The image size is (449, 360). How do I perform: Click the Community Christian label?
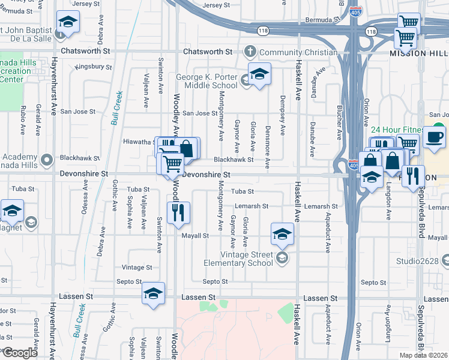pos(298,52)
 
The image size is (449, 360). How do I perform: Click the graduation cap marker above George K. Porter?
pos(259,74)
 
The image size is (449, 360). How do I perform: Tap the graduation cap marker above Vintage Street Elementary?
pos(282,235)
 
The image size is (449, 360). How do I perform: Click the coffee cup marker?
pos(434,137)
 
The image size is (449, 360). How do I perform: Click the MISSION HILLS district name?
pos(419,53)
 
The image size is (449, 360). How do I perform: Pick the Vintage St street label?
pos(137,268)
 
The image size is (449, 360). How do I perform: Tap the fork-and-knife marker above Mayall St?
pos(178,213)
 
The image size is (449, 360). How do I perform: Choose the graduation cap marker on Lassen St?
pos(153,294)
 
